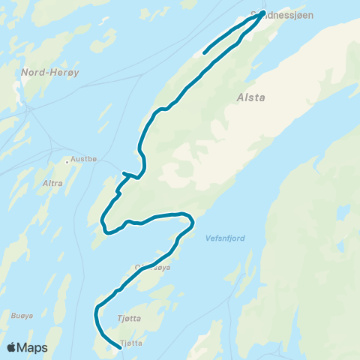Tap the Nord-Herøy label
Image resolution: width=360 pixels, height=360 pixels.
click(42, 73)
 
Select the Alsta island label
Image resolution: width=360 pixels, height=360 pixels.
click(251, 97)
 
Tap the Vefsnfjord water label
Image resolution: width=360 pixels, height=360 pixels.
click(224, 238)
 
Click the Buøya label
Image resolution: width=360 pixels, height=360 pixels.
click(22, 315)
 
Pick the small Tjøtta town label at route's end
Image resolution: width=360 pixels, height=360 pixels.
click(130, 343)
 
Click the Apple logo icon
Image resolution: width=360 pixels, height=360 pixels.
click(12, 347)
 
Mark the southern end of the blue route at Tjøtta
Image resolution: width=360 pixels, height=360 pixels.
click(120, 347)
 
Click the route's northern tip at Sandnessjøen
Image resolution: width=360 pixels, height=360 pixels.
click(262, 13)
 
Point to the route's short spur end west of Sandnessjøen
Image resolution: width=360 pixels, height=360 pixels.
click(204, 53)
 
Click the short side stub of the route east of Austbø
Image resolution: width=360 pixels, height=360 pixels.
click(124, 173)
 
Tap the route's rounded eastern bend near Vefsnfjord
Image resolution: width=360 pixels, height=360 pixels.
click(193, 221)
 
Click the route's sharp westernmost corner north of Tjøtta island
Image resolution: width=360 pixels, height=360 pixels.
click(97, 308)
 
